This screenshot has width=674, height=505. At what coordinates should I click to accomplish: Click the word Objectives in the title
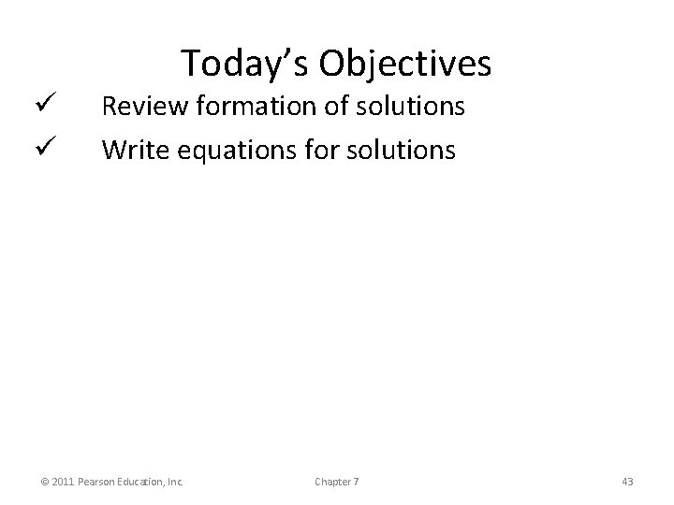coord(404,64)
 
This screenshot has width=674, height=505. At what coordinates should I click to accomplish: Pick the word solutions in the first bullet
coord(414,107)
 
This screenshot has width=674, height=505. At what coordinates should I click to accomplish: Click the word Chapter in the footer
coord(332,482)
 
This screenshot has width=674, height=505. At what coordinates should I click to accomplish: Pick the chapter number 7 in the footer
coord(356,482)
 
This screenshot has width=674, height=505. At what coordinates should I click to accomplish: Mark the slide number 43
coord(627,482)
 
